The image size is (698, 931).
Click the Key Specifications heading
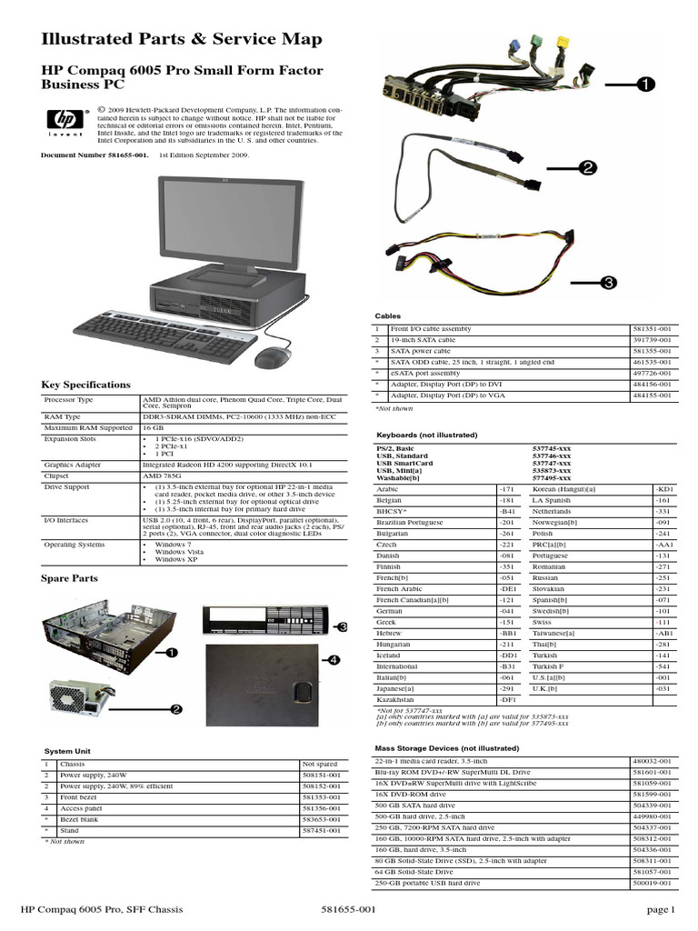coord(85,385)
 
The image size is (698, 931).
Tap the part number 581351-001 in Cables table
coord(651,327)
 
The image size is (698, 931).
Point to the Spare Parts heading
coord(69,577)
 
